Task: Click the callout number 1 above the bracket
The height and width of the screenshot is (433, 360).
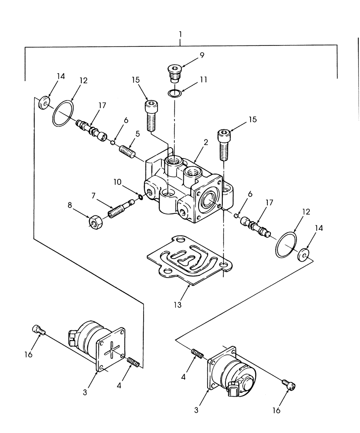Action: pos(180,33)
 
